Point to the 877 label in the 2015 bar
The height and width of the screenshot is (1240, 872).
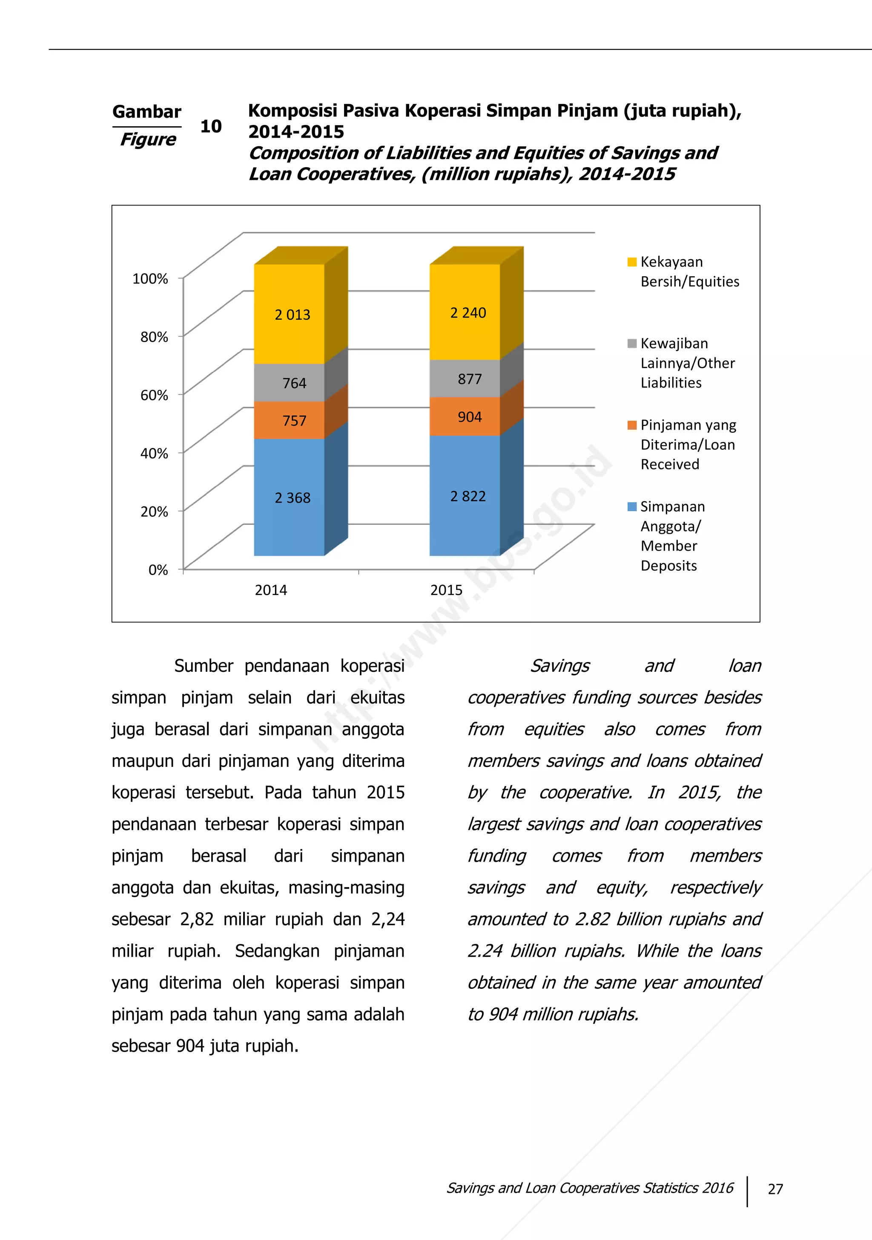(x=470, y=379)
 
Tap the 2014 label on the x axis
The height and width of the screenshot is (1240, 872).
(x=271, y=590)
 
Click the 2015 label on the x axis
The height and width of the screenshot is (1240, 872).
(x=446, y=590)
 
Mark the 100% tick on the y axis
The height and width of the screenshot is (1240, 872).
(x=151, y=279)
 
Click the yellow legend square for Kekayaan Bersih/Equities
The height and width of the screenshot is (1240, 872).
(x=632, y=262)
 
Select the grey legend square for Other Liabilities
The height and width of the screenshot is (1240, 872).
(x=632, y=344)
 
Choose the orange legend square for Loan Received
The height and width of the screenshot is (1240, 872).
(x=632, y=425)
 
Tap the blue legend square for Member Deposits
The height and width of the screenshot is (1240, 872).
(x=632, y=506)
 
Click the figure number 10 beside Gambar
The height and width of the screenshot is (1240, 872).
(x=211, y=126)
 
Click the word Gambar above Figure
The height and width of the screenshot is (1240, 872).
(x=147, y=112)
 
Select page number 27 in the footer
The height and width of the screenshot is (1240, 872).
(x=775, y=1189)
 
